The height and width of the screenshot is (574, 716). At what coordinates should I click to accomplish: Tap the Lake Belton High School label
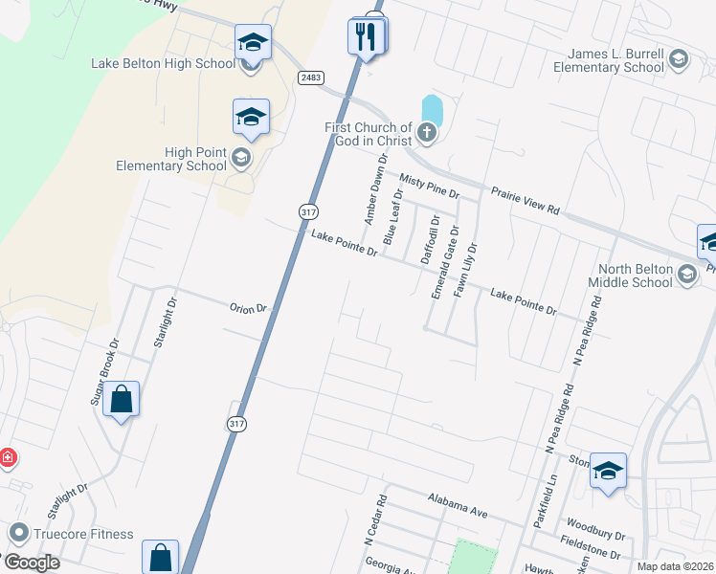pos(163,64)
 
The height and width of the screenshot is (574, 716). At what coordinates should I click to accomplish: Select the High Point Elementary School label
pos(170,159)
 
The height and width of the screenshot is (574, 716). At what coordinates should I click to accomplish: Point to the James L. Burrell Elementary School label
pos(609,61)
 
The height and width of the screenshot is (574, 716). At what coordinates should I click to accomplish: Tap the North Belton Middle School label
pos(635,276)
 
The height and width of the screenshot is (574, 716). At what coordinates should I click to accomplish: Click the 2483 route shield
pos(309,77)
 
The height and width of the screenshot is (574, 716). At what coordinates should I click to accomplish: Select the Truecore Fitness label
pos(84,533)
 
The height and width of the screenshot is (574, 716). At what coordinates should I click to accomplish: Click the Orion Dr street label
pos(252,309)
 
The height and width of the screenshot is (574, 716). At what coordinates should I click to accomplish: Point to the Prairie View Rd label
pos(525,201)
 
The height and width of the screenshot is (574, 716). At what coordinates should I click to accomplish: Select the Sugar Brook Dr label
pos(104,371)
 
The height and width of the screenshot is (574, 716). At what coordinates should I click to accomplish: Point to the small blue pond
pos(433,109)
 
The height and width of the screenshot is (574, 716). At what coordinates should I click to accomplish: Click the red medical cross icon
pos(8,457)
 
